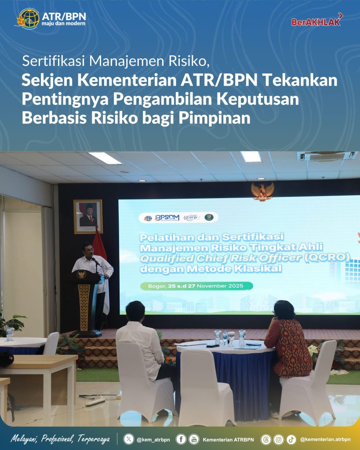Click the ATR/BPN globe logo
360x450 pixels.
click(28, 18)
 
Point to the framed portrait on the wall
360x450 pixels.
click(88, 216)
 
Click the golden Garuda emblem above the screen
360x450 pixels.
click(262, 191)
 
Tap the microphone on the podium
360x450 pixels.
click(94, 261)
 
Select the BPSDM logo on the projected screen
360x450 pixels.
click(167, 218)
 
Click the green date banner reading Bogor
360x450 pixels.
click(196, 286)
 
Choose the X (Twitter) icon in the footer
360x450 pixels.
click(128, 439)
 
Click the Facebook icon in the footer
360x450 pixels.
click(181, 439)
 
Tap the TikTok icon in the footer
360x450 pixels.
click(291, 439)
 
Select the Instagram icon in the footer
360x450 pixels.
click(278, 439)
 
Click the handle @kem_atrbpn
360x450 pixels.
click(151, 439)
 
